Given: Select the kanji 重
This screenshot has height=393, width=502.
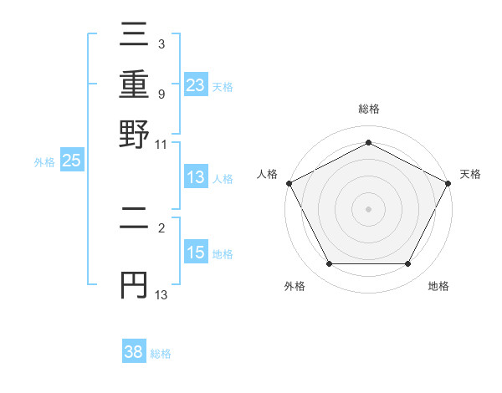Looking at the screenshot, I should (x=134, y=88).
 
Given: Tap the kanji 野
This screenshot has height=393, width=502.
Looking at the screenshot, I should (x=134, y=134).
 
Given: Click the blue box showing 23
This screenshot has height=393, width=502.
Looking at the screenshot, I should (x=196, y=84).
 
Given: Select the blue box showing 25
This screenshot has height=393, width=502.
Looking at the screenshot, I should (x=71, y=161).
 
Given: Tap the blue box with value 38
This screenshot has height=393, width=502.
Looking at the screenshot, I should (x=134, y=352).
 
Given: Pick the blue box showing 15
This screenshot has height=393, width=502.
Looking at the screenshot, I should (x=196, y=253).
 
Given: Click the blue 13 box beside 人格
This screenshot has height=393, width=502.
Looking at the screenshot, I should (x=196, y=177).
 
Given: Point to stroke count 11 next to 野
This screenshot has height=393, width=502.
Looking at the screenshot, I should (x=161, y=144).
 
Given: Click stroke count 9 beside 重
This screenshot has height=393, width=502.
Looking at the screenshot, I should (x=162, y=94).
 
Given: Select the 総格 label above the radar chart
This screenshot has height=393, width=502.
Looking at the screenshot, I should (x=368, y=110).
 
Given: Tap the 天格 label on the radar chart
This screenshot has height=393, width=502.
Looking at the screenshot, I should (x=470, y=174).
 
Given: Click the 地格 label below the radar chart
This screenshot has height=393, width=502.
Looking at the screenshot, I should (x=438, y=287).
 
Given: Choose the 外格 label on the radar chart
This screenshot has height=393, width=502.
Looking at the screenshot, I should (x=295, y=287).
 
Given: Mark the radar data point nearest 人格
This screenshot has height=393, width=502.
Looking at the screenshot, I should (x=289, y=183).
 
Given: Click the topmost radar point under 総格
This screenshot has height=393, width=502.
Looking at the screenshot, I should (x=368, y=142).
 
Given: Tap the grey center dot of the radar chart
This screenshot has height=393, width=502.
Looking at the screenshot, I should (x=368, y=208).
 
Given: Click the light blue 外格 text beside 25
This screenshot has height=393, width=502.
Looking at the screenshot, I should (x=44, y=162).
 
